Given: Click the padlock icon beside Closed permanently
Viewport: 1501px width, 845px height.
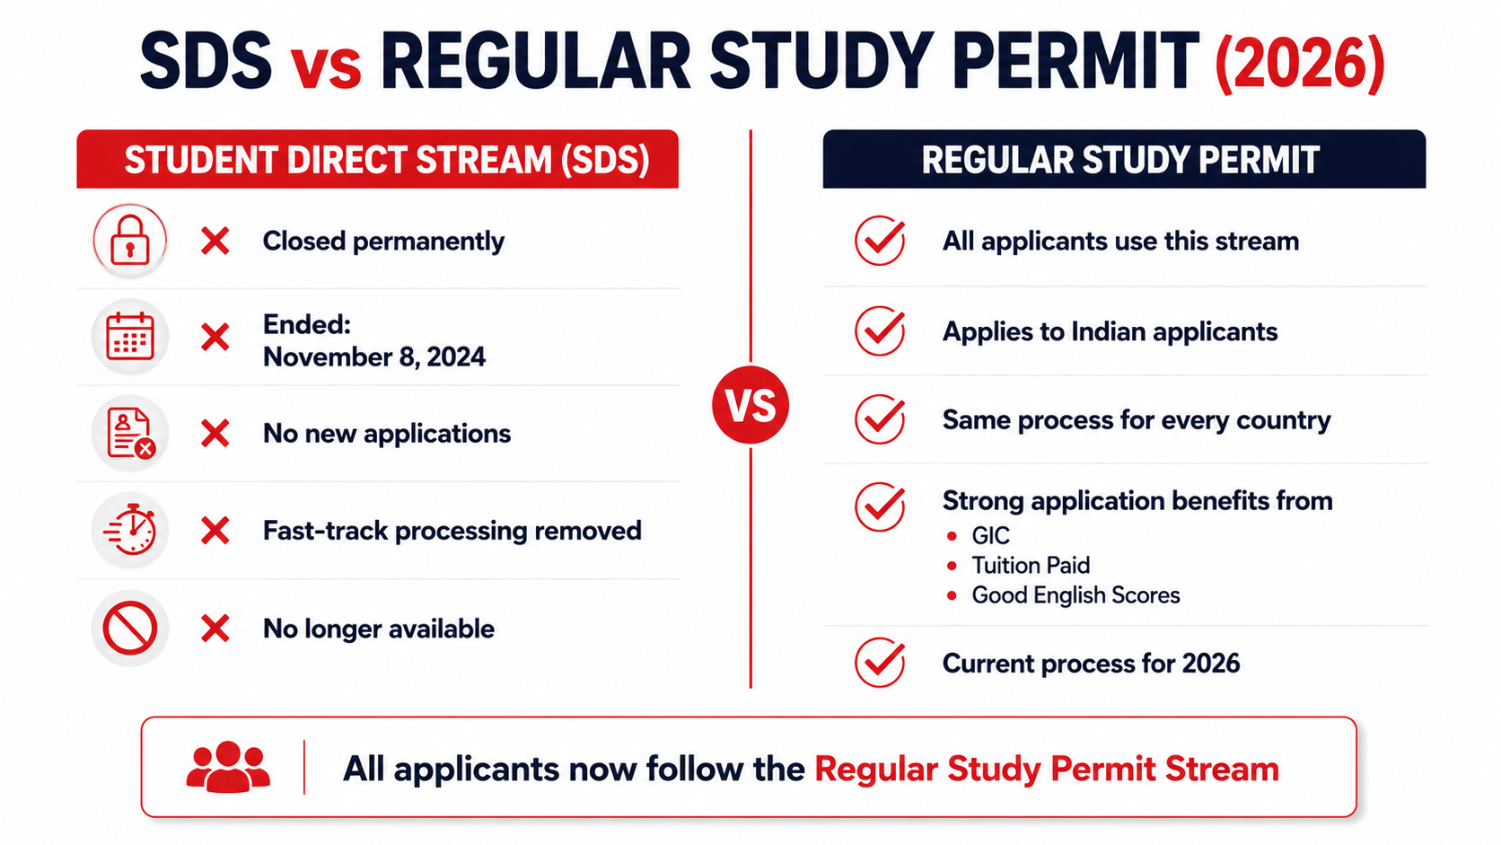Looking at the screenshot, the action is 129,241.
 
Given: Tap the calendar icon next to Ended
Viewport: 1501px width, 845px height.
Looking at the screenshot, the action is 129,337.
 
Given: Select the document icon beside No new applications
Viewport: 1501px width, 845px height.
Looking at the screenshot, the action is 129,433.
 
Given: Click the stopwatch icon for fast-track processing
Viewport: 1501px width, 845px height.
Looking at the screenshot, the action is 129,530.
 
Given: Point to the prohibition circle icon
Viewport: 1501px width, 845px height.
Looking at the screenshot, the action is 129,628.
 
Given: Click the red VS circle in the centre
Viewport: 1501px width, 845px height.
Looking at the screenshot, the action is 750,405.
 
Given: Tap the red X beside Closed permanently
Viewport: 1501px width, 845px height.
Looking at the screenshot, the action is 215,242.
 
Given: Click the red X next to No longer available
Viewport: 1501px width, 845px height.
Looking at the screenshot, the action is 215,629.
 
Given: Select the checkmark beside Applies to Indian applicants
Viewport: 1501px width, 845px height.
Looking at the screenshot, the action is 880,330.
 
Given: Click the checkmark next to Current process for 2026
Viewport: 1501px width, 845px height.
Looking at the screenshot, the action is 880,662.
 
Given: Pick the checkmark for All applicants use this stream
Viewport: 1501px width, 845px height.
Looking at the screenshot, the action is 880,240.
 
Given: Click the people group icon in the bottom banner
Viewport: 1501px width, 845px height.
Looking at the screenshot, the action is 228,767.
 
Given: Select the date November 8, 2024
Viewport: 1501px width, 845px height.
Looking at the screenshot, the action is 374,356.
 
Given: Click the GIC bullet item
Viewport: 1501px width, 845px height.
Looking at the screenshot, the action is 990,535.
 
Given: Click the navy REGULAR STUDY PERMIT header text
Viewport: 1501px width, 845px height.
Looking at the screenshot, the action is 1120,160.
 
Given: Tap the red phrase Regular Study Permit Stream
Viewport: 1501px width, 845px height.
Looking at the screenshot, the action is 1047,769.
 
